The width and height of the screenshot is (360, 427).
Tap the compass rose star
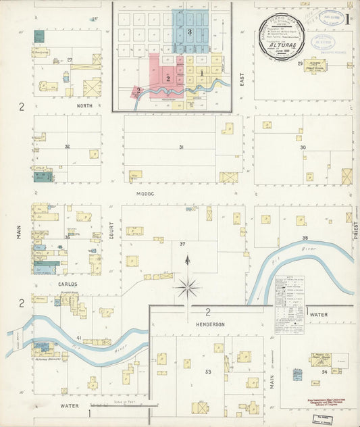(187, 288)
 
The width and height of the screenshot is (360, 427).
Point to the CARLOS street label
(67, 284)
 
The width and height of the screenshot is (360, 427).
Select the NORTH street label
(66, 105)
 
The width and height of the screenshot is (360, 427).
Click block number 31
(180, 147)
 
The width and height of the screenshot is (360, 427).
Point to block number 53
(208, 372)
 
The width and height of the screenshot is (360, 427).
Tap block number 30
(303, 147)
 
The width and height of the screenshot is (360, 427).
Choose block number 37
(182, 243)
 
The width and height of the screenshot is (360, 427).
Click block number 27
(70, 60)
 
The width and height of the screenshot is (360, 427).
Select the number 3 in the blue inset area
(190, 32)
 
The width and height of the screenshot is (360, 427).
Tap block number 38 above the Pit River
(305, 238)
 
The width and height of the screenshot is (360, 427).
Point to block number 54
(324, 372)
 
